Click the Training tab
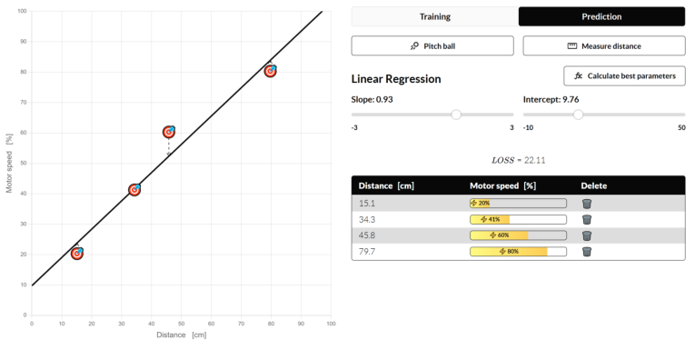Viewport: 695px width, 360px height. (434, 16)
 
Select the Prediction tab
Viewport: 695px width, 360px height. (601, 16)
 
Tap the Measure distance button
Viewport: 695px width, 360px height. (604, 45)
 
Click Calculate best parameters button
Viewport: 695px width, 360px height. (624, 75)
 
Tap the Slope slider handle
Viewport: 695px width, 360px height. (456, 115)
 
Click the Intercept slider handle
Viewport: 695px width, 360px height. (578, 115)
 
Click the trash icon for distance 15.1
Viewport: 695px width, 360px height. (587, 204)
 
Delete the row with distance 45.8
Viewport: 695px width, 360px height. (587, 235)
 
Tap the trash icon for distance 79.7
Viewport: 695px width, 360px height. (587, 251)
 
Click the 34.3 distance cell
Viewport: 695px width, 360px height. (368, 219)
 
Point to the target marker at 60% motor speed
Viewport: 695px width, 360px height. (169, 132)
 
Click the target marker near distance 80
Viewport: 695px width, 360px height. (270, 70)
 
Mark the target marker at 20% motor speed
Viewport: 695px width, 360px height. (77, 254)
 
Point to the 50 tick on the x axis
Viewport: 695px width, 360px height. (181, 324)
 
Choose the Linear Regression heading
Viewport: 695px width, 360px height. (395, 79)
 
